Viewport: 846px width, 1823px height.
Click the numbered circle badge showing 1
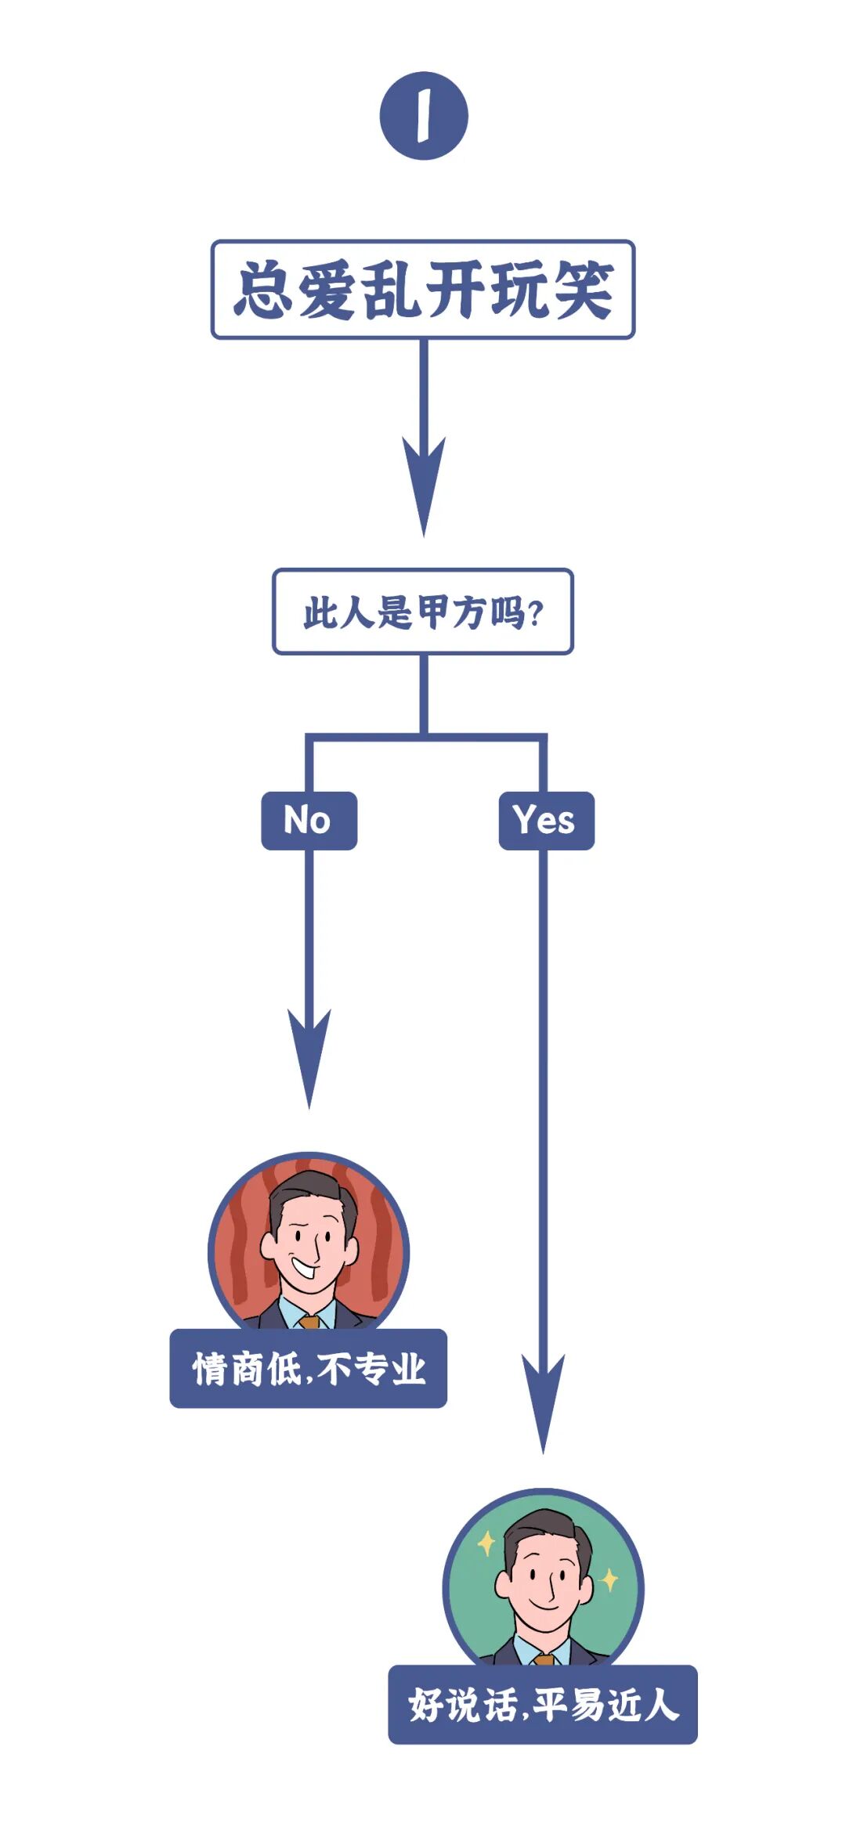[x=424, y=116]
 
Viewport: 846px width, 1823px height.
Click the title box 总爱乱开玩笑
[x=423, y=290]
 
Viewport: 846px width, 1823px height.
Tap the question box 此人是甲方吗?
[x=423, y=612]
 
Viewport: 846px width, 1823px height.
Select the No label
[x=309, y=821]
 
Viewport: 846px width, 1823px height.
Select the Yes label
[x=546, y=821]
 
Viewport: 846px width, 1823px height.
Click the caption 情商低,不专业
[x=309, y=1369]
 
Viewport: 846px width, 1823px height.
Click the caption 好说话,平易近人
[x=543, y=1705]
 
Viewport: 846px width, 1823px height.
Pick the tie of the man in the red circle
[x=309, y=1322]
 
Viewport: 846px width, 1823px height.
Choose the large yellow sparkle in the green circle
[x=486, y=1543]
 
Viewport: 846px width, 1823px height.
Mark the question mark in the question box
[x=536, y=613]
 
